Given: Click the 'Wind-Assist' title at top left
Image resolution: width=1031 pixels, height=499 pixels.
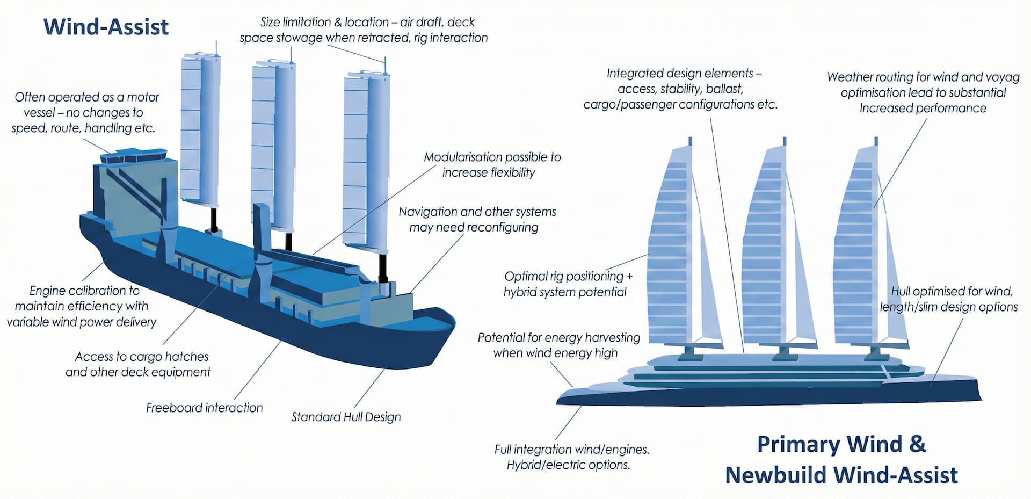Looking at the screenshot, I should [x=106, y=27].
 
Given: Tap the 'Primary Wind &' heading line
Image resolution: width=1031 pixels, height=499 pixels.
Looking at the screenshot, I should [x=841, y=445].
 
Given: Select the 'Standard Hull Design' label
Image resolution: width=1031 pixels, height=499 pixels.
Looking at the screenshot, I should [x=346, y=417].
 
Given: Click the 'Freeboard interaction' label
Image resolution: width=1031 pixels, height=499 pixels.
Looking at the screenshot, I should [x=204, y=408].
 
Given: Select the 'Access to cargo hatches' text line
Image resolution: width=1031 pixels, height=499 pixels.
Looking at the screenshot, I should [x=142, y=357].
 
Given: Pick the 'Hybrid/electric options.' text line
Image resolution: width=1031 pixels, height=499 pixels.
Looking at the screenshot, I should [x=568, y=465].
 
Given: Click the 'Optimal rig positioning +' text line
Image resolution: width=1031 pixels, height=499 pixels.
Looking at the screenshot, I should [x=568, y=277].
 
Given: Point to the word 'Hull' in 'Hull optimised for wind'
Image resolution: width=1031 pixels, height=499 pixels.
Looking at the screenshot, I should [x=901, y=292].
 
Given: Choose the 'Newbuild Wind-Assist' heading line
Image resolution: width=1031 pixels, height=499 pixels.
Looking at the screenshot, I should [x=841, y=475].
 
